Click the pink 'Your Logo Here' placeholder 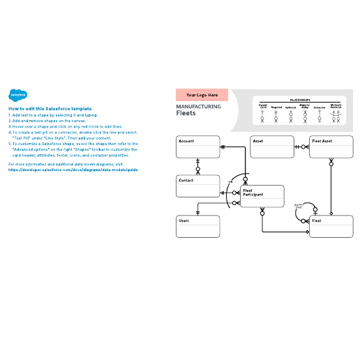[x=202, y=95]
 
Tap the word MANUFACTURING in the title [x=199, y=107]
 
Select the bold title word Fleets [x=186, y=113]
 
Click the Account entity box [x=197, y=146]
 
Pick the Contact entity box [x=197, y=185]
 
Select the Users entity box [x=197, y=225]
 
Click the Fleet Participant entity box [x=262, y=196]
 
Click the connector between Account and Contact [x=197, y=166]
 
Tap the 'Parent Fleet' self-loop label [x=299, y=207]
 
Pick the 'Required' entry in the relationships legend [x=276, y=107]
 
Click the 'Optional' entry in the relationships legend [x=290, y=107]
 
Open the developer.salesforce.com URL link [x=73, y=170]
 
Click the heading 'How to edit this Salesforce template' [x=49, y=108]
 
